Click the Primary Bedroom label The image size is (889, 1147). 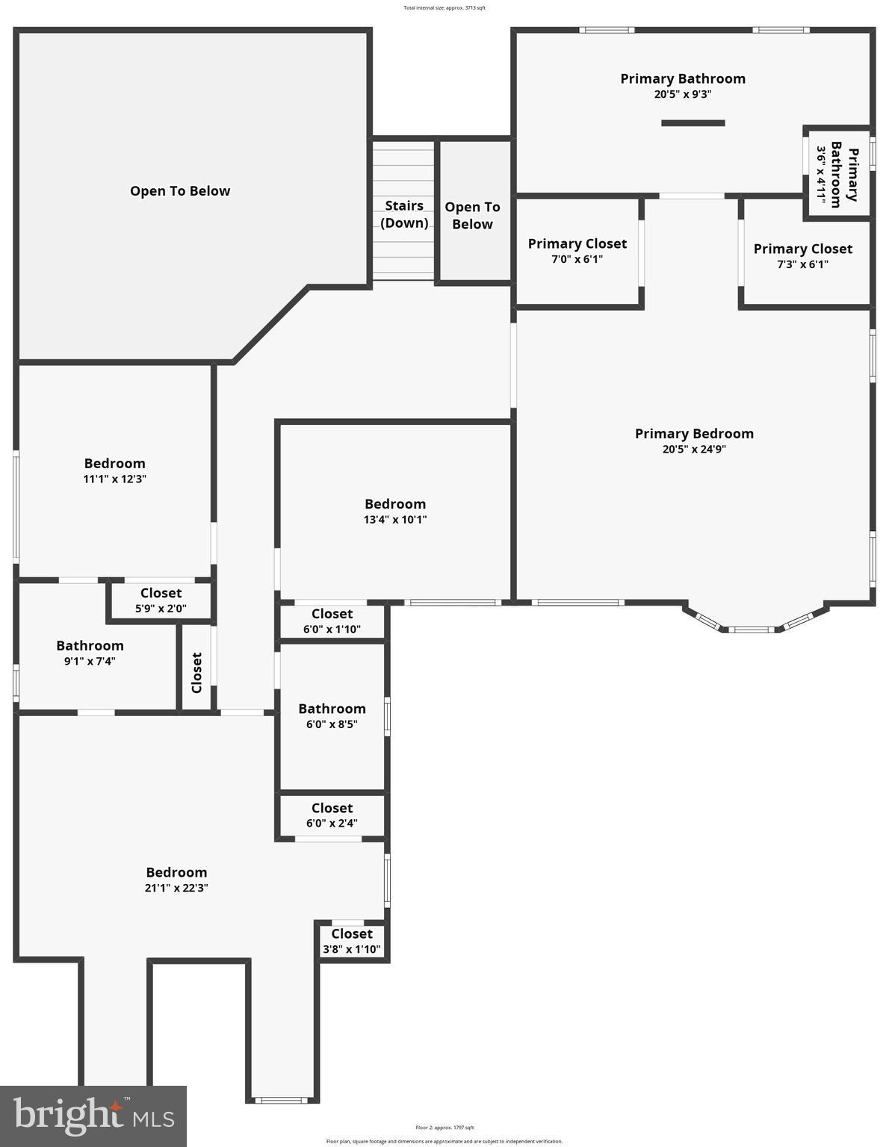(x=694, y=434)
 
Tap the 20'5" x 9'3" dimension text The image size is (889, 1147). (x=682, y=95)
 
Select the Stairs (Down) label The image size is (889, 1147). (x=404, y=214)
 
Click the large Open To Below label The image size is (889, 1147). (x=180, y=191)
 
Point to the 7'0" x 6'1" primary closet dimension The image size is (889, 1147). (x=577, y=260)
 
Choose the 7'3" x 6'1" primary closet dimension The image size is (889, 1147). (x=802, y=264)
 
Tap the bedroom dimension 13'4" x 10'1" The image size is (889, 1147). (x=394, y=520)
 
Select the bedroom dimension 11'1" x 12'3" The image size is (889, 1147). (x=114, y=479)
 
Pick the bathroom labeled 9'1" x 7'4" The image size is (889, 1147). (x=90, y=653)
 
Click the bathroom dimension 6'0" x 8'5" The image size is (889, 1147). (x=332, y=724)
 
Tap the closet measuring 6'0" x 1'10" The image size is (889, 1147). (x=332, y=621)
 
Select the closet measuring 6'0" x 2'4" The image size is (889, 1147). (x=332, y=815)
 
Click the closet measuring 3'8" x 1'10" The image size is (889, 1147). (x=352, y=942)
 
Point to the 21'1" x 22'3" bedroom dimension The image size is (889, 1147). (x=176, y=889)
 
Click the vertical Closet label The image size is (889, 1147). (x=196, y=673)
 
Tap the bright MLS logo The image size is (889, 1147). (x=93, y=1116)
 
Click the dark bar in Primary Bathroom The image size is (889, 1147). (x=693, y=123)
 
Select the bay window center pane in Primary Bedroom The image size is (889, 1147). (x=751, y=630)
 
